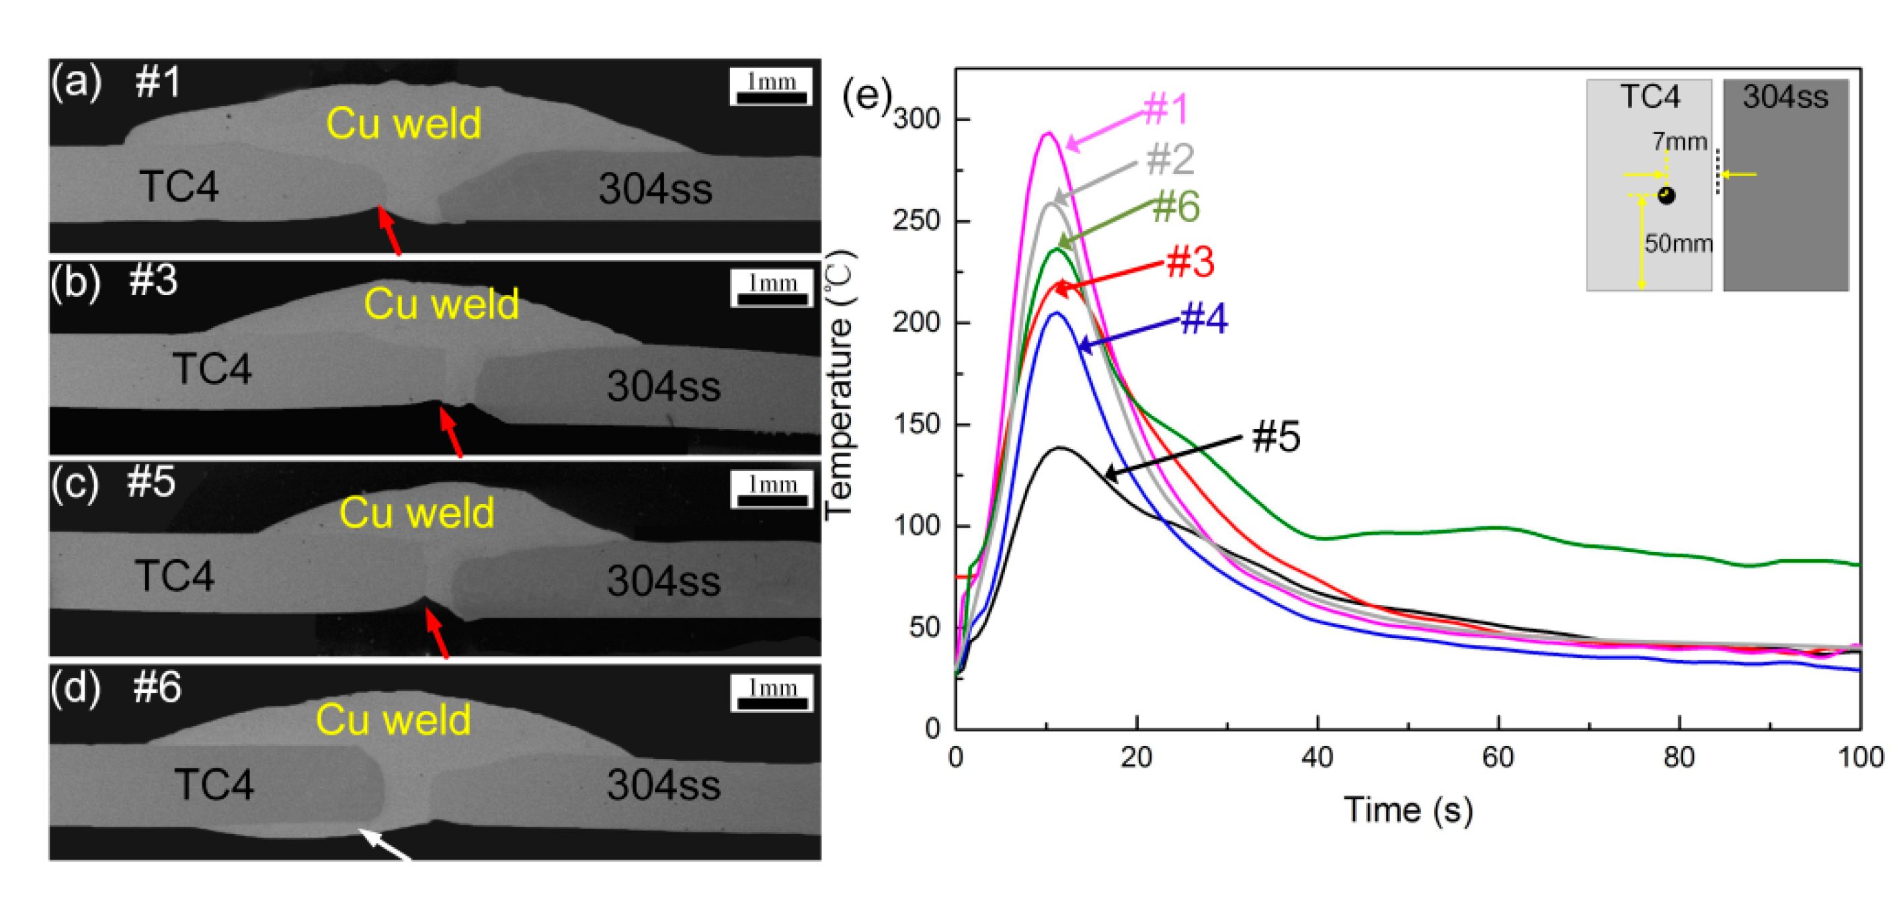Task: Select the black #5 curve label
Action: [x=1276, y=436]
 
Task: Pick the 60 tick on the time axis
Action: [x=1497, y=757]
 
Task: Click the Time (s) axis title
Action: [x=1408, y=809]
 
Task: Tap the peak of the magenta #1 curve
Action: [x=1047, y=134]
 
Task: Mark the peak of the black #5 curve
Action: [x=1060, y=448]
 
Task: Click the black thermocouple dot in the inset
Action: [x=1666, y=196]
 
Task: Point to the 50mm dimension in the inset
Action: [x=1678, y=243]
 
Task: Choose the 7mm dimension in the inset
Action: [x=1679, y=141]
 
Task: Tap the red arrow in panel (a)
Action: [x=389, y=231]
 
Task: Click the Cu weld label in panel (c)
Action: [x=417, y=512]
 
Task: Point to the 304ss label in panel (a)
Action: [x=655, y=189]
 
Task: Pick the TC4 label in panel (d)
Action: [x=214, y=784]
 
